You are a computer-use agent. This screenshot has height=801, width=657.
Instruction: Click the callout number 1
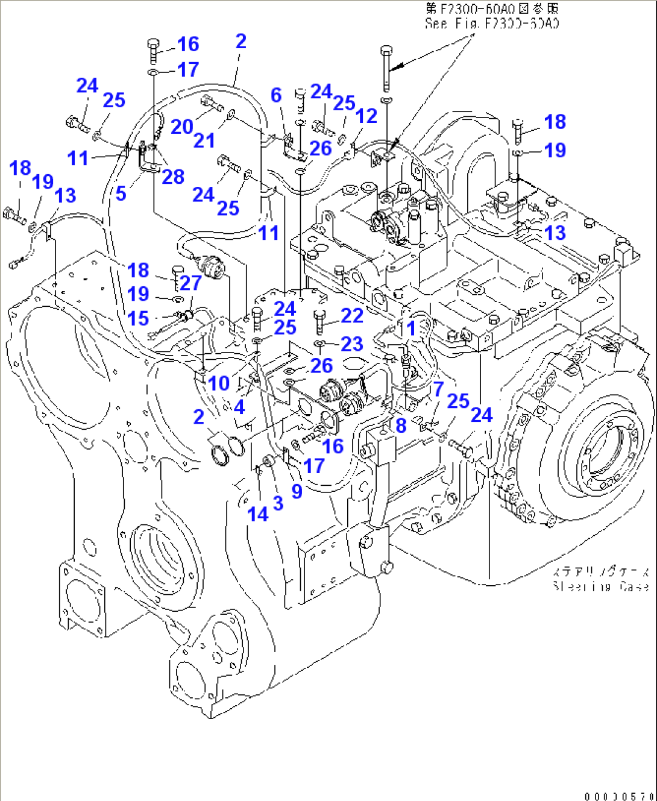tap(412, 328)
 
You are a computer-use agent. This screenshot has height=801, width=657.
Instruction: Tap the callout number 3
tap(278, 503)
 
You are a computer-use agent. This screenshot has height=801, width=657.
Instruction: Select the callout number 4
tap(239, 407)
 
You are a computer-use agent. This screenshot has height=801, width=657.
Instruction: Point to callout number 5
tap(121, 193)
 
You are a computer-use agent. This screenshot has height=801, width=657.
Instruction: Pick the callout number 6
tap(276, 95)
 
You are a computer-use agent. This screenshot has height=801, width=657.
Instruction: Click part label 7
tap(438, 389)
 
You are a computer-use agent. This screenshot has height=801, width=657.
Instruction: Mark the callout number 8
tap(401, 426)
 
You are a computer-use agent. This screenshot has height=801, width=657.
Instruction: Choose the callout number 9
tap(297, 491)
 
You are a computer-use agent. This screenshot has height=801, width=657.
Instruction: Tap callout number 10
tap(219, 383)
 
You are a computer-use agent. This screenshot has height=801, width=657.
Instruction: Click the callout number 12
tap(366, 115)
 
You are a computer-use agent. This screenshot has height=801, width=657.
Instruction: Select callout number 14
tap(258, 514)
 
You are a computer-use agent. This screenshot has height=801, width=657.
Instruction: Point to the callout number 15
tap(138, 318)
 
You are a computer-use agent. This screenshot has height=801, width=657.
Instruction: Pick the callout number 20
tap(181, 127)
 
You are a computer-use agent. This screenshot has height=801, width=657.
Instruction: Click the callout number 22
tap(352, 315)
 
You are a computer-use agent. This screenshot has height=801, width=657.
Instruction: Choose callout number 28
tap(173, 177)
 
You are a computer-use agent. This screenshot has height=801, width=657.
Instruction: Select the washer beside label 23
tap(320, 344)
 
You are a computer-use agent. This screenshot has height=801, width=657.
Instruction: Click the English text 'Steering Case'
tap(600, 586)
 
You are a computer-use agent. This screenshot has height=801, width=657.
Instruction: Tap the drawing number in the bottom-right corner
tap(620, 796)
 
